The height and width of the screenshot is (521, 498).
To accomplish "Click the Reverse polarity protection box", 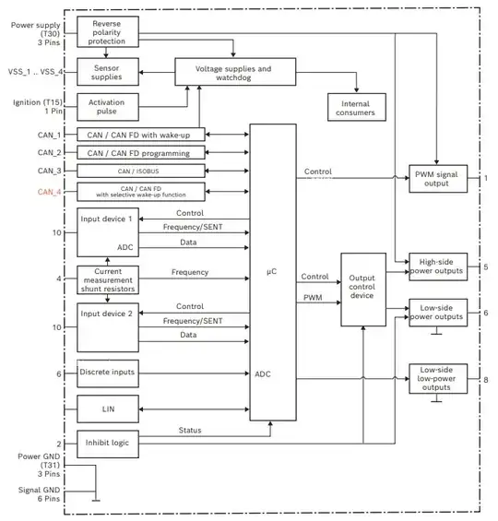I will tap(109, 33).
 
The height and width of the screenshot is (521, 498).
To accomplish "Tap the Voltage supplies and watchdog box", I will tap(234, 70).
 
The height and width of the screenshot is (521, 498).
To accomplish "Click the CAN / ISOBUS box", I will tap(140, 171).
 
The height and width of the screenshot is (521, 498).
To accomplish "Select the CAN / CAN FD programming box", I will tap(140, 152).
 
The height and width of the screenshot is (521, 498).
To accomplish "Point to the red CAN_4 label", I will tap(49, 192).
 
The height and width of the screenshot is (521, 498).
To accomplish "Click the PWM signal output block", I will tap(438, 177).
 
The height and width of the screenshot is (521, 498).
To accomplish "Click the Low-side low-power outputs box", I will tap(438, 379).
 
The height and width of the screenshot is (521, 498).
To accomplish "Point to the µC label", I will tap(272, 271).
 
